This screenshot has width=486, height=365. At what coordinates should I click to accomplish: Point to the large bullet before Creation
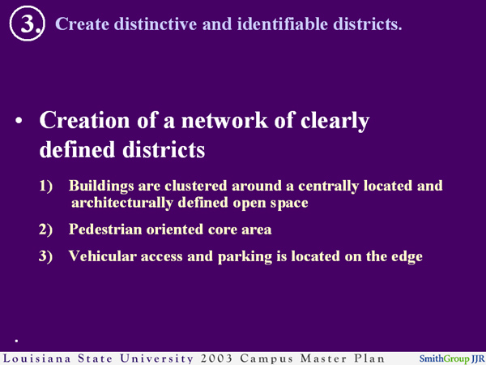(20, 123)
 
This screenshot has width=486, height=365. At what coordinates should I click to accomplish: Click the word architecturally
(132, 203)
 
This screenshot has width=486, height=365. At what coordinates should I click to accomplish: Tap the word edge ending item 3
(405, 256)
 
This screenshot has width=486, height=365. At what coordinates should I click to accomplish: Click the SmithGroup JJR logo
(450, 358)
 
